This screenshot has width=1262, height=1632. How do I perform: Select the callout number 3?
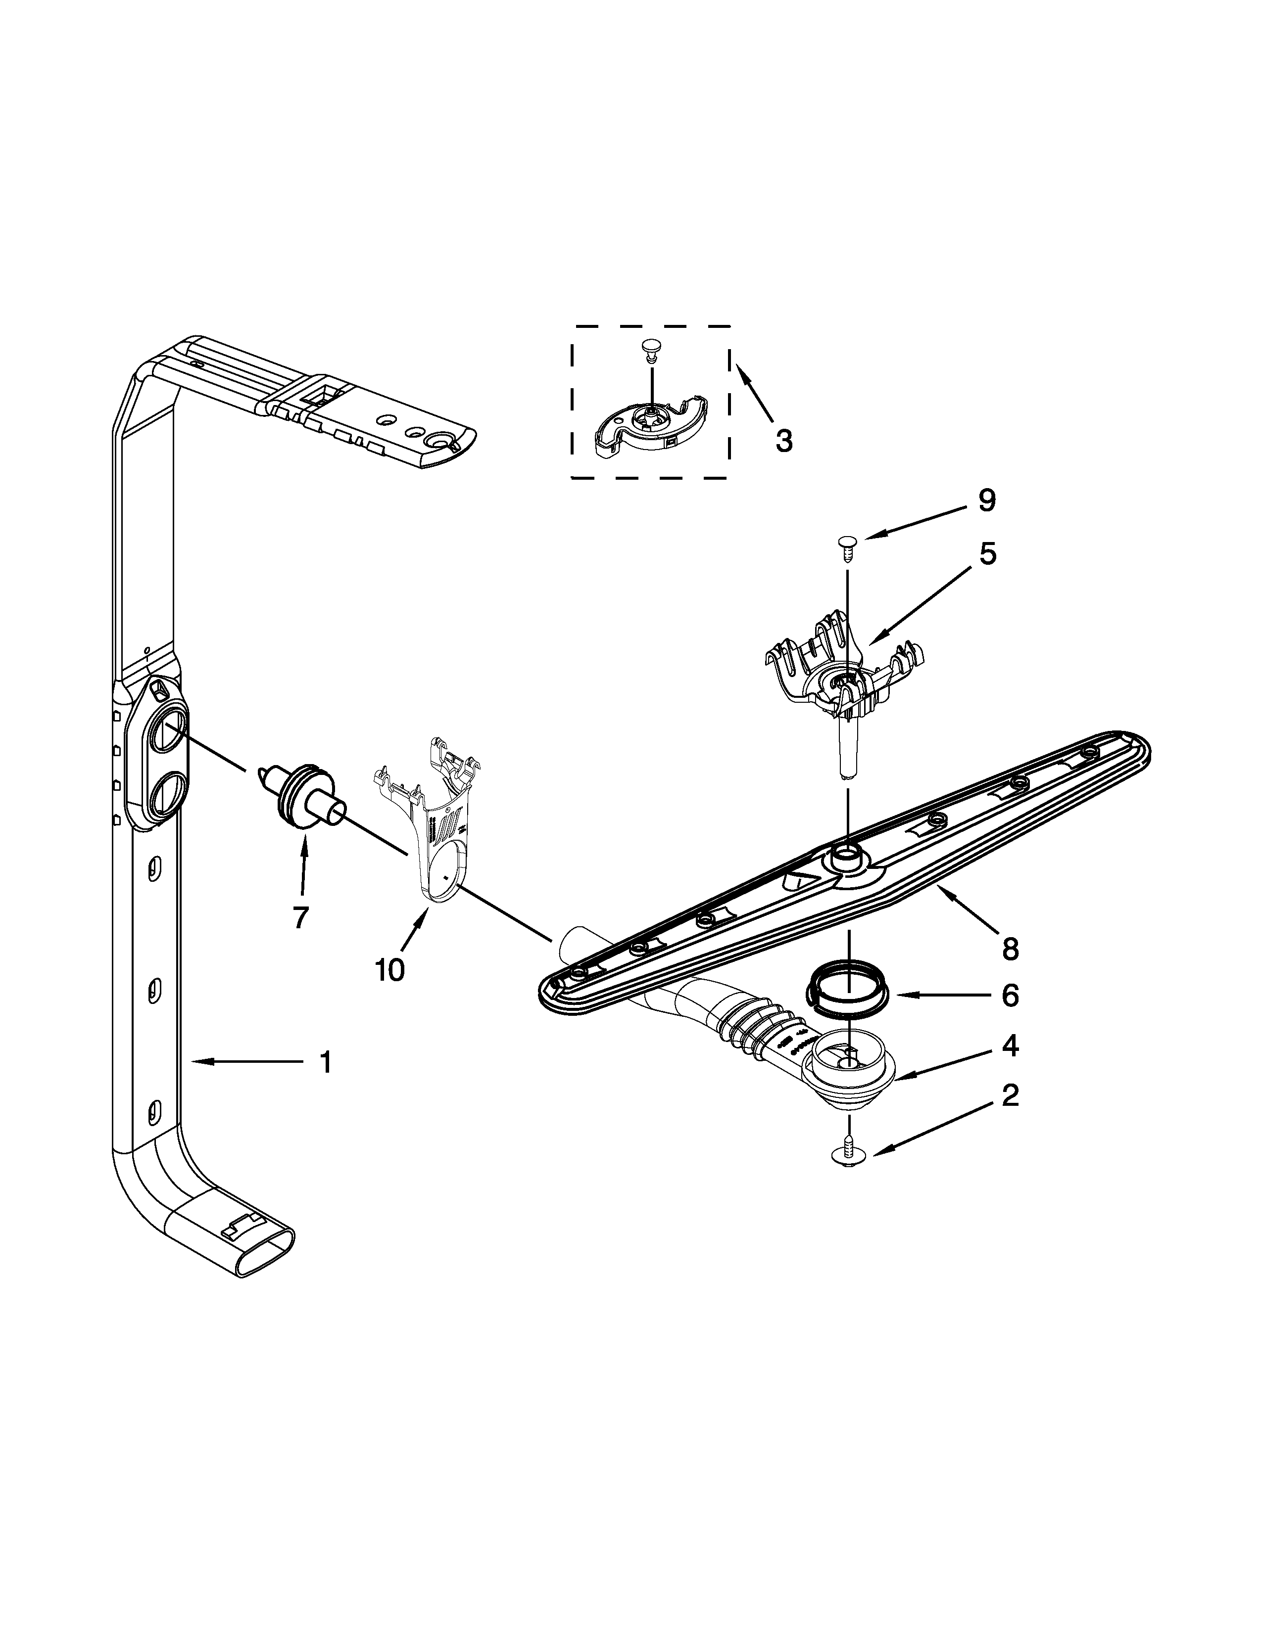[x=783, y=441]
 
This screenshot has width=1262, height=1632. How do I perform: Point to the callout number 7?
[x=300, y=917]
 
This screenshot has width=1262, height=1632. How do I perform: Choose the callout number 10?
[x=389, y=969]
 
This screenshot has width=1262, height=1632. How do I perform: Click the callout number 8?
[x=1009, y=949]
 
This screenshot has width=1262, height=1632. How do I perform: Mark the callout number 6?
[x=1009, y=996]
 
